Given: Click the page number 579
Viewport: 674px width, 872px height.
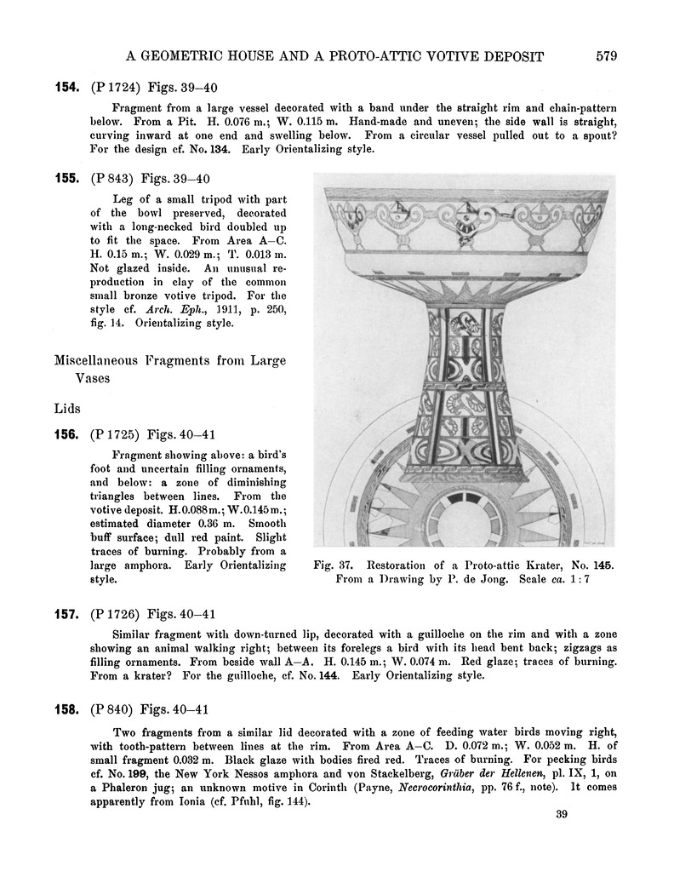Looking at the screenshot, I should pos(606,56).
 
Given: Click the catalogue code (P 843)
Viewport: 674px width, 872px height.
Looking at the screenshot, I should pos(111,178).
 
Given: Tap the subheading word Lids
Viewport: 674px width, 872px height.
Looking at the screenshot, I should pos(69,409).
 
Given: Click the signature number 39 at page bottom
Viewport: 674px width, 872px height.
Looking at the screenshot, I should pos(560,815).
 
